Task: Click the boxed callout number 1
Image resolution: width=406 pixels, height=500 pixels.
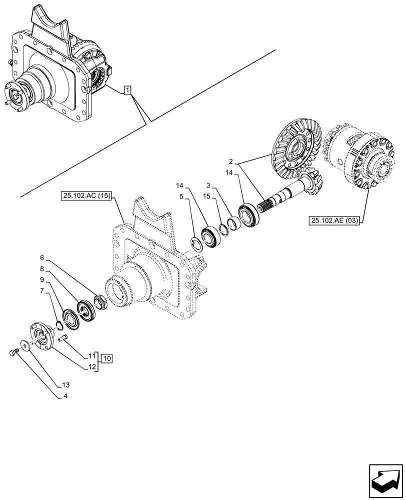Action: [128, 90]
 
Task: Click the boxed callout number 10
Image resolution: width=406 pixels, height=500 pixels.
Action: [107, 358]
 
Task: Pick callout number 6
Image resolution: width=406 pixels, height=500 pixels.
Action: [42, 257]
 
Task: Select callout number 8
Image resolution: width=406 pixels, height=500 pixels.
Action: [42, 268]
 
